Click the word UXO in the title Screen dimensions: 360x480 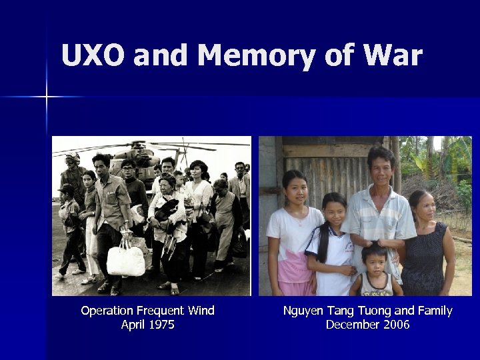[x=93, y=55]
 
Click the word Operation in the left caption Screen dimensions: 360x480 [x=107, y=311]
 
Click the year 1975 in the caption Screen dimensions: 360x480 [x=162, y=325]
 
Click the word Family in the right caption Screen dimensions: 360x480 [x=434, y=311]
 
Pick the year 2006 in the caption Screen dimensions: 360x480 [x=395, y=325]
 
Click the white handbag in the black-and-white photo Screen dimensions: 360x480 [x=125, y=260]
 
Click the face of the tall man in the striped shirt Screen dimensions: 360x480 [x=381, y=167]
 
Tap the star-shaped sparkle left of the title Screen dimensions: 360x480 [x=47, y=97]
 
